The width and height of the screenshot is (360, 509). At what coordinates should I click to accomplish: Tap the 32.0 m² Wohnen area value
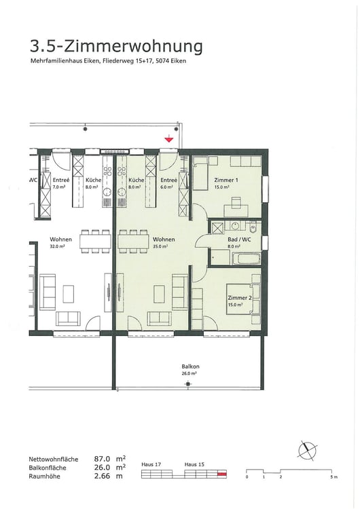[x=57, y=247]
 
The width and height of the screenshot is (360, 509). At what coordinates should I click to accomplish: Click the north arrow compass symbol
[x=308, y=450]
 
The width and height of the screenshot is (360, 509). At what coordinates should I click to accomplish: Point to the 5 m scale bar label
[x=333, y=478]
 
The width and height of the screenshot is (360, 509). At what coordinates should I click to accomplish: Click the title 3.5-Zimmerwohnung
[x=116, y=46]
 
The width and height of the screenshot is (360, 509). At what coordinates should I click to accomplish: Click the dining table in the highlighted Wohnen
[x=132, y=240]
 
